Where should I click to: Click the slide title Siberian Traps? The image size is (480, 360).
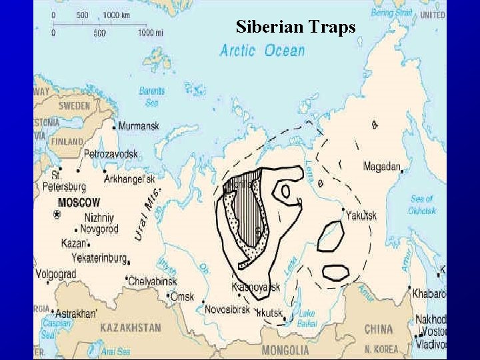point(296,27)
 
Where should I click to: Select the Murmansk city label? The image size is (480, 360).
point(139,125)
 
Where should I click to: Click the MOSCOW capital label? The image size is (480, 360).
point(79,202)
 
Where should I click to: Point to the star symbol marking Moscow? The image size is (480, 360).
point(57,214)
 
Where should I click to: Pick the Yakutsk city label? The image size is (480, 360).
point(362,215)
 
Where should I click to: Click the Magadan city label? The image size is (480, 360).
point(382,167)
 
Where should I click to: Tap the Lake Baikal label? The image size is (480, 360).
point(307,317)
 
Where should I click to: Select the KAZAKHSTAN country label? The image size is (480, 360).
point(131,327)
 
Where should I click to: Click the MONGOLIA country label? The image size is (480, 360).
point(285,350)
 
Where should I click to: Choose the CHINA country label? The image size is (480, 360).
point(378,329)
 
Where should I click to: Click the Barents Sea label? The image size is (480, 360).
point(152,97)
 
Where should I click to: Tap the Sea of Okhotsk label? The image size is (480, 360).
point(422,205)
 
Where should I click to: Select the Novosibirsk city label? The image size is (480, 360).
point(227,310)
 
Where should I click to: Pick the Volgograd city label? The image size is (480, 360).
point(56,273)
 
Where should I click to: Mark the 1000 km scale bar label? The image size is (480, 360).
point(116,15)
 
